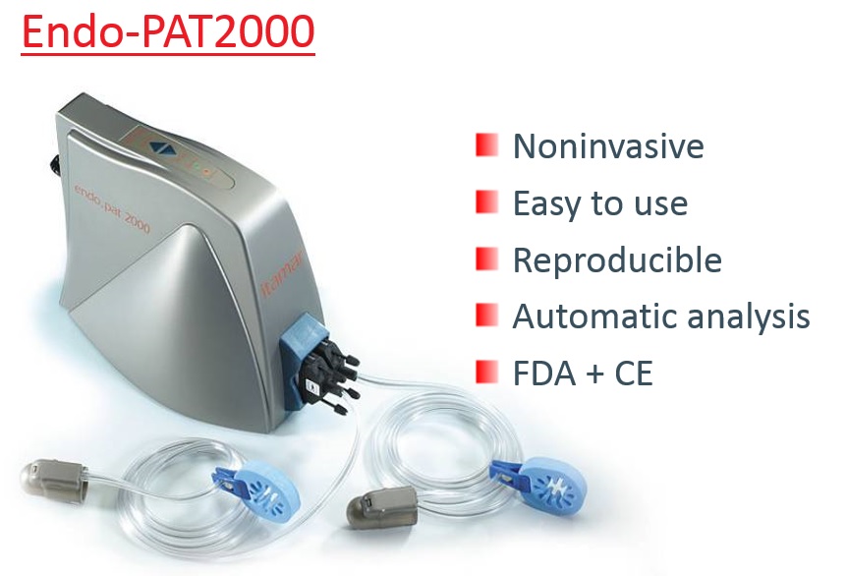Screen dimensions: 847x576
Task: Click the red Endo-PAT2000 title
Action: pos(168,31)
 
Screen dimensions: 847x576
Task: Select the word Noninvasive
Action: pos(608,145)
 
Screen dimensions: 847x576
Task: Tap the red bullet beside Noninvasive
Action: pos(486,144)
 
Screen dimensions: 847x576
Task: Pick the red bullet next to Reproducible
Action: pos(486,259)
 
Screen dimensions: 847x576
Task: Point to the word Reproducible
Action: pos(617,261)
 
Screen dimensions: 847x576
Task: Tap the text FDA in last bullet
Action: pos(544,373)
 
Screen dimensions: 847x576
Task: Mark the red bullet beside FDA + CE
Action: pos(486,372)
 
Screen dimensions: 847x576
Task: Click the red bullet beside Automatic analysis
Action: pos(486,315)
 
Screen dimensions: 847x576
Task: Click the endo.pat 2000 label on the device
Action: pos(112,208)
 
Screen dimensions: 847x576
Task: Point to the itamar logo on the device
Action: pos(282,274)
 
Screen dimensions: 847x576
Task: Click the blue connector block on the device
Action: pos(303,357)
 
